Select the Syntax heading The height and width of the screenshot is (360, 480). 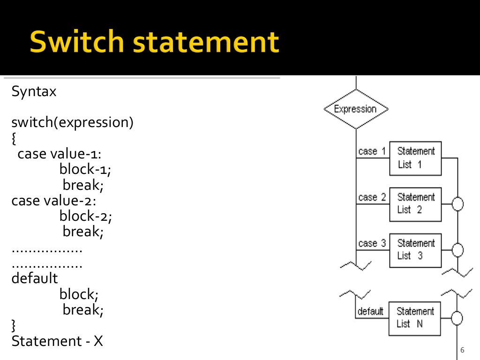point(34,91)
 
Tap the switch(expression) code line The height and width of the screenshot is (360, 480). point(73,123)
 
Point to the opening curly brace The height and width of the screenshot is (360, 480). point(14,139)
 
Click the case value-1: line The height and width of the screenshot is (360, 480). point(60,154)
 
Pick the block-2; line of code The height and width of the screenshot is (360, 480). point(86,216)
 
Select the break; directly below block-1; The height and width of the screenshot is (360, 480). point(83,185)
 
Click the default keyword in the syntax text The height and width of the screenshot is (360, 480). point(35,278)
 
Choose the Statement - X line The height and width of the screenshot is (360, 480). point(57,341)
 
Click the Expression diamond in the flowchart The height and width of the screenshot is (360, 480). point(356,109)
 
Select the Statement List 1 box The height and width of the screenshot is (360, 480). point(415,158)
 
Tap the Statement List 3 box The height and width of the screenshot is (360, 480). point(415,250)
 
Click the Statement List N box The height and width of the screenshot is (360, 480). point(414,318)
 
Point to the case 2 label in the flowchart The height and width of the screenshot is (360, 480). point(372,197)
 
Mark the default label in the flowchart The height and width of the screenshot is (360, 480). point(370,311)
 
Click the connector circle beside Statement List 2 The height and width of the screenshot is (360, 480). point(457,204)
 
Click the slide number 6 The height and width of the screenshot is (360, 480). point(462,350)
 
